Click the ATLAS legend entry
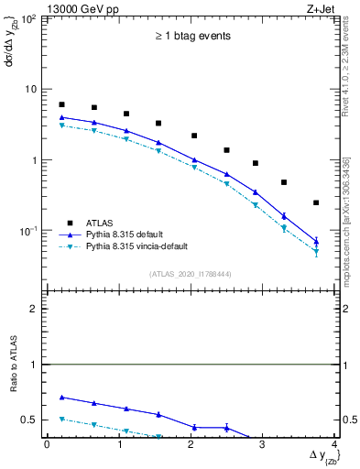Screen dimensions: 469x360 pyautogui.click(x=100, y=223)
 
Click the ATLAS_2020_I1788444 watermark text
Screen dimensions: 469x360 pyautogui.click(x=190, y=274)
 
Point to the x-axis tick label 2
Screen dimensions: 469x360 pyautogui.click(x=191, y=444)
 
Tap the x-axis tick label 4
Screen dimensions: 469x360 pyautogui.click(x=334, y=444)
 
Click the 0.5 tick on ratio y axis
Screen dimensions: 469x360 pyautogui.click(x=33, y=420)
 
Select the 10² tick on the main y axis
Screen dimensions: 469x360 pyautogui.click(x=30, y=18)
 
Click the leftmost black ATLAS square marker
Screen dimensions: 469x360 pyautogui.click(x=61, y=104)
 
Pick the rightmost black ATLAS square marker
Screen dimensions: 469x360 pyautogui.click(x=316, y=202)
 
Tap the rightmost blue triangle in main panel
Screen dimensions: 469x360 pyautogui.click(x=316, y=242)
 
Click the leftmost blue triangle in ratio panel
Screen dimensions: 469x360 pyautogui.click(x=61, y=398)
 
